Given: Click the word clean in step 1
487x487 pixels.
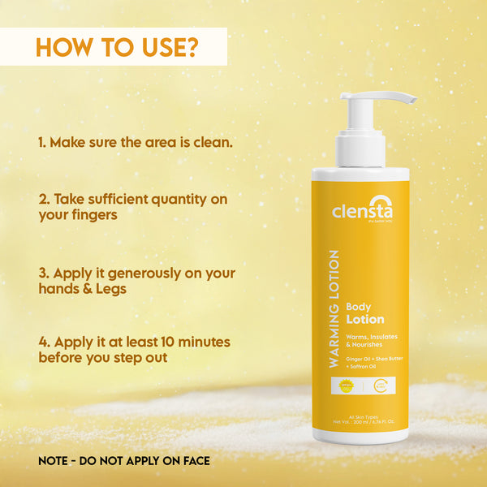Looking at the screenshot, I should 213,142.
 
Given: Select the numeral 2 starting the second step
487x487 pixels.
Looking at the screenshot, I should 41,199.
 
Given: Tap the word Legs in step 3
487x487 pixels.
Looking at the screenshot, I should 110,288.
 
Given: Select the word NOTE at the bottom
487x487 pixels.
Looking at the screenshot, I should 56,461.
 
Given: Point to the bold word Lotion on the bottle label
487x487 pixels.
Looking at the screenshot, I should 365,319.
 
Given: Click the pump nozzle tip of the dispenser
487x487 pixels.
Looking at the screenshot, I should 411,100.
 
